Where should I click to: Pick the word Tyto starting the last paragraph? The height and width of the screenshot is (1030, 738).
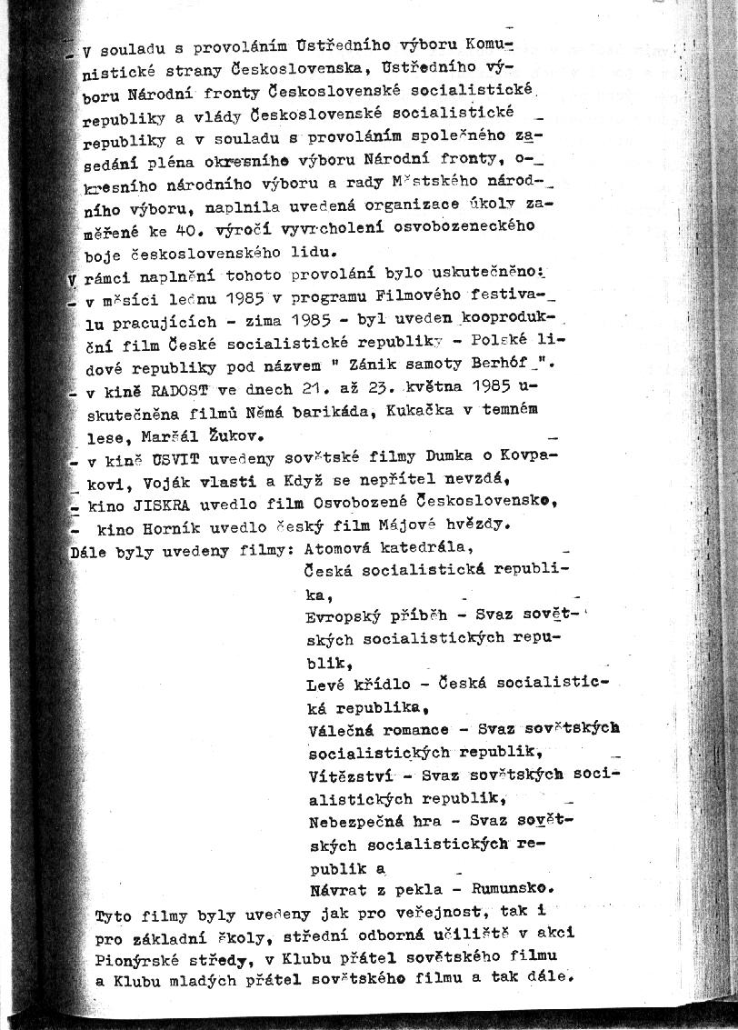pos(113,913)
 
